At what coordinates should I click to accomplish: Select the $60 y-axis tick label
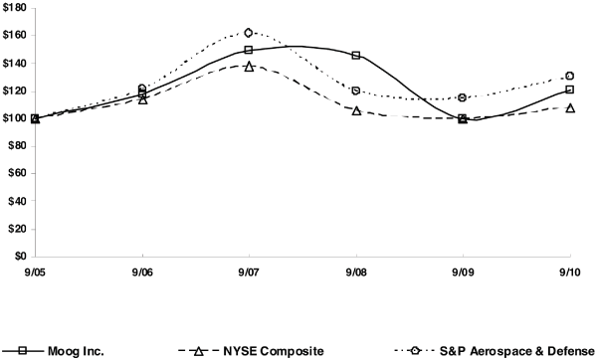[17, 174]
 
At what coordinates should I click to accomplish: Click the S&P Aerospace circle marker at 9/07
[249, 33]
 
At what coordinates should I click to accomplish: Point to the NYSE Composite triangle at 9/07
[249, 66]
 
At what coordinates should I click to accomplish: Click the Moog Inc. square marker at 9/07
[249, 50]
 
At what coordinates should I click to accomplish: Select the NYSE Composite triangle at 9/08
[355, 110]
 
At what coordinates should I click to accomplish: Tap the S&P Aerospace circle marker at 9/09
[463, 97]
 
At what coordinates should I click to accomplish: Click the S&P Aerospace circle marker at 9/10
[569, 76]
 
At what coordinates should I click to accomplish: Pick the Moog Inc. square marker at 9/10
[569, 90]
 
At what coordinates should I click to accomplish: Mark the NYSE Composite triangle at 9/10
[569, 107]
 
